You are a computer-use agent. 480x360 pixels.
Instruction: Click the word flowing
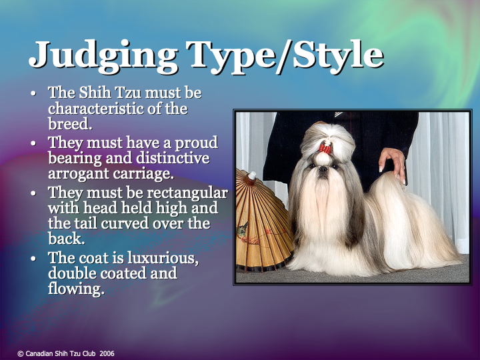point(75,289)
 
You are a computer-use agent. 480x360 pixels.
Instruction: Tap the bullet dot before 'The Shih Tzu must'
point(34,93)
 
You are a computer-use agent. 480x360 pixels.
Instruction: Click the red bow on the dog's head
point(325,148)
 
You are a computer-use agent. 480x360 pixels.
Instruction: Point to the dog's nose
point(324,169)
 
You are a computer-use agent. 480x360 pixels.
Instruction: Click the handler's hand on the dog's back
point(393,162)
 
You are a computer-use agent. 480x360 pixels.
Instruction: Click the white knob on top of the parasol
point(251,175)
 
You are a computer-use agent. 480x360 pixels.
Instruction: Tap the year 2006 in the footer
point(107,353)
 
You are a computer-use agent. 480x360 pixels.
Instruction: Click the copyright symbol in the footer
point(21,353)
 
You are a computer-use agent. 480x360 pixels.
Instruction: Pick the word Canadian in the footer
point(39,353)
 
